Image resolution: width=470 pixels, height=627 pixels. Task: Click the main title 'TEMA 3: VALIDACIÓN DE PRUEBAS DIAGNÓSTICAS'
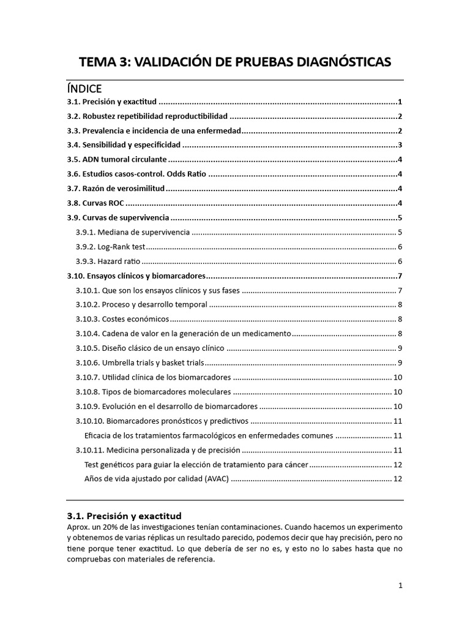(x=235, y=62)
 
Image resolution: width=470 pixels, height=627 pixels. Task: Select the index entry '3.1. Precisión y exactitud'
(x=112, y=102)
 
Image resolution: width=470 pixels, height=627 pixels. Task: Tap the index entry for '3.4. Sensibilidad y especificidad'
(x=124, y=145)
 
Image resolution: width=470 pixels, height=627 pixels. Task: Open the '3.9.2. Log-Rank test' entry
(x=111, y=247)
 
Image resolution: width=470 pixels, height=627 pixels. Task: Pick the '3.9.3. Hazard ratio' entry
(x=108, y=261)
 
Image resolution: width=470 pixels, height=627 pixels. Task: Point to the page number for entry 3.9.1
(x=399, y=233)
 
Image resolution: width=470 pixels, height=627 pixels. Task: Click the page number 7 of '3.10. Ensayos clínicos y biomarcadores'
(x=399, y=276)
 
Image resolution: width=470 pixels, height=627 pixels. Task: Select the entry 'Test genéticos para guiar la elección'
(x=196, y=464)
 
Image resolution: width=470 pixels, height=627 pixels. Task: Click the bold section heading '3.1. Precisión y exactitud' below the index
(x=124, y=516)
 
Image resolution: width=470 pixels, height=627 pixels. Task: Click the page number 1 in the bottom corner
(x=400, y=585)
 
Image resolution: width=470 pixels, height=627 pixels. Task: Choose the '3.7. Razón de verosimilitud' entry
(x=116, y=189)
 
